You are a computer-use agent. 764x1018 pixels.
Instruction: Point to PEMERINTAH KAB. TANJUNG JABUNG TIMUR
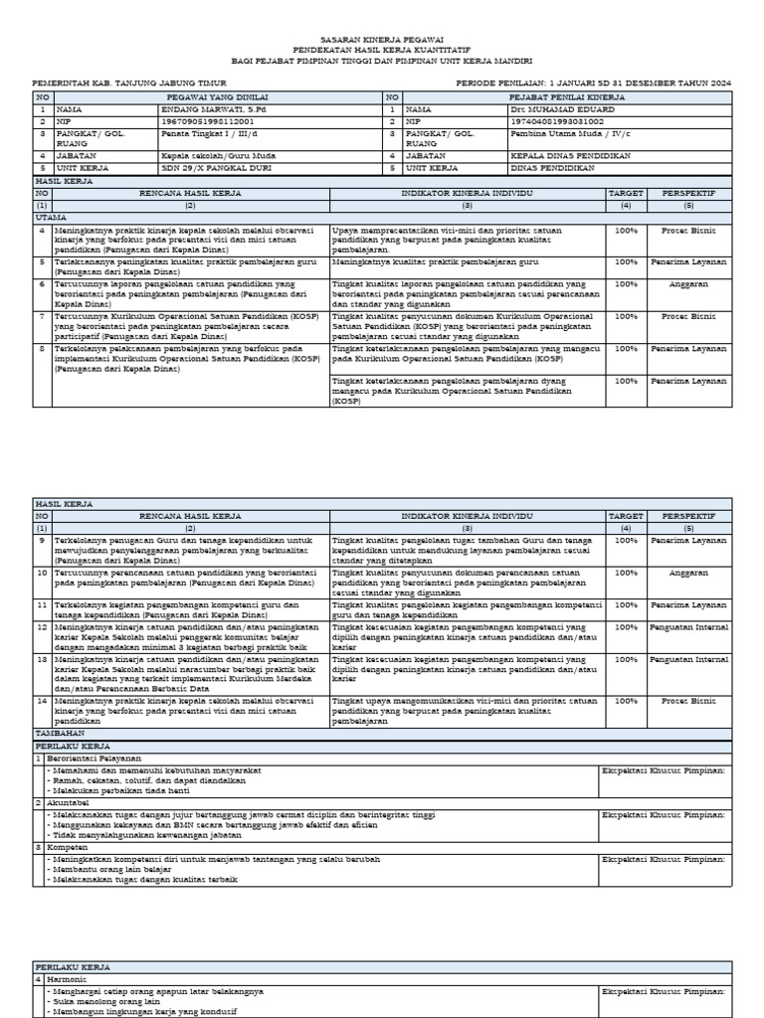point(129,84)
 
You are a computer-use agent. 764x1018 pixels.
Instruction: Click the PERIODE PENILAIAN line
point(593,84)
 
